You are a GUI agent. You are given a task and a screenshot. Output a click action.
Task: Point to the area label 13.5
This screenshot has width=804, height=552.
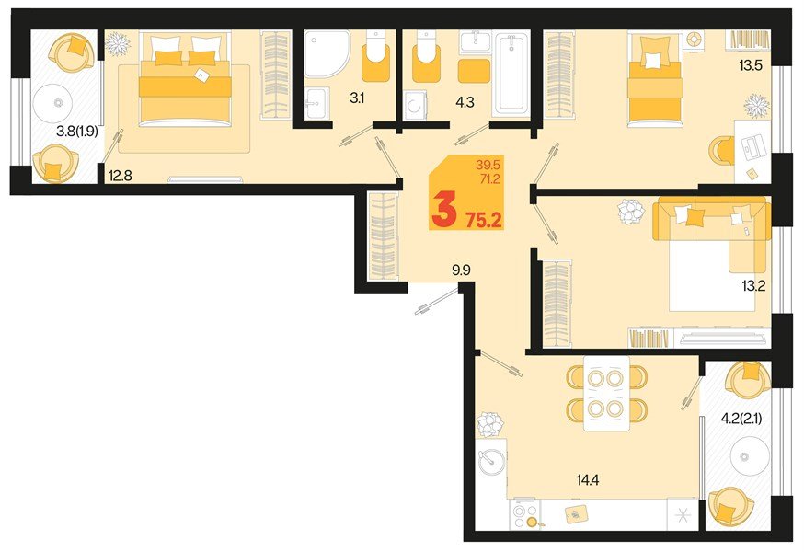click(x=752, y=65)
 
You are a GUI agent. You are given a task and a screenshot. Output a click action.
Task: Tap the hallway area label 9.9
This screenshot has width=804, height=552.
click(x=461, y=270)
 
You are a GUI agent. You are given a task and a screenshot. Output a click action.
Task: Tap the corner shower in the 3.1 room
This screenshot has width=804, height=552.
click(x=327, y=53)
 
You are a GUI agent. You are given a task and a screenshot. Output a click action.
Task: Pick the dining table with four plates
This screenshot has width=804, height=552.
click(x=607, y=393)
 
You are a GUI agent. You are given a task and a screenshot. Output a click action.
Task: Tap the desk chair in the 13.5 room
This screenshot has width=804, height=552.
click(x=722, y=148)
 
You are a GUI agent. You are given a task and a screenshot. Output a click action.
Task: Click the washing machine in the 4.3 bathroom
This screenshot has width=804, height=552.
click(x=417, y=104)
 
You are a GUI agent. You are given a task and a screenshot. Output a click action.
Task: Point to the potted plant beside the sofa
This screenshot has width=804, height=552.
click(x=631, y=212)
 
